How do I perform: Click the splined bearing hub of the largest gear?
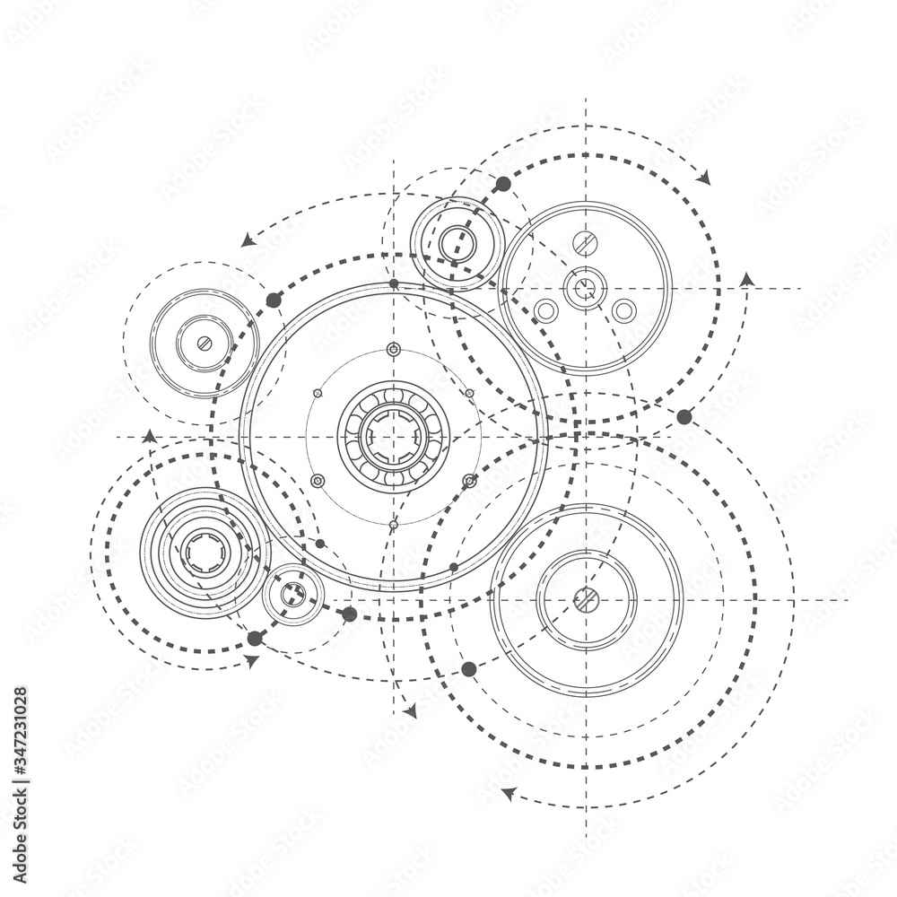click(393, 437)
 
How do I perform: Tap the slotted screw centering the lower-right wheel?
click(586, 598)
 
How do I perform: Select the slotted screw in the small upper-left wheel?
click(205, 343)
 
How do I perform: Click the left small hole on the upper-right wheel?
click(545, 310)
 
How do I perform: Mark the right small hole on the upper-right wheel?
click(623, 310)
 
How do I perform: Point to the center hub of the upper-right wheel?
click(585, 288)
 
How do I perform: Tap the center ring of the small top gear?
click(457, 240)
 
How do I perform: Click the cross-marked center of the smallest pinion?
click(292, 594)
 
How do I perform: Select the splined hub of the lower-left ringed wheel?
click(205, 552)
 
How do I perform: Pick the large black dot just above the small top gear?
click(503, 184)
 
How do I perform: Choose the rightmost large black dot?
click(684, 416)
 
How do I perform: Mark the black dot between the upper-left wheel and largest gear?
click(274, 300)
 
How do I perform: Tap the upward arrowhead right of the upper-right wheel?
click(746, 279)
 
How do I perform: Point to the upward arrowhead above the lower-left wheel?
click(149, 436)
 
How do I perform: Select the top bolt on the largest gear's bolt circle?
click(393, 349)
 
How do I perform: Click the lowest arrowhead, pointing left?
click(507, 793)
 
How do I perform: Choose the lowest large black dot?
click(468, 668)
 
